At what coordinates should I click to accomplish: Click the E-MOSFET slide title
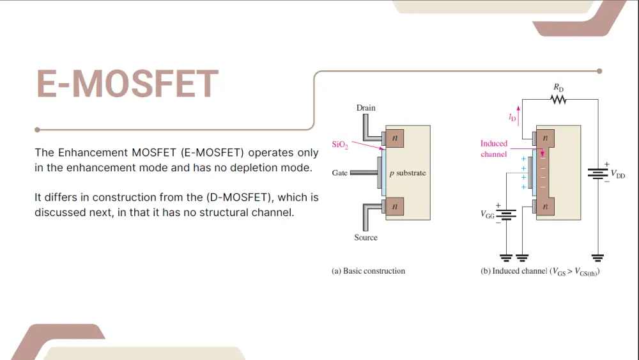click(x=128, y=84)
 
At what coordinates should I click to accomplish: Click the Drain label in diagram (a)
click(x=366, y=107)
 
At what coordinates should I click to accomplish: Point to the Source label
click(x=366, y=237)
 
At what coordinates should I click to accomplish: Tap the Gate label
click(x=339, y=173)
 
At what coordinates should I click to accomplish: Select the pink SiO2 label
click(x=340, y=145)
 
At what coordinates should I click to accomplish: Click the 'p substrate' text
click(x=408, y=173)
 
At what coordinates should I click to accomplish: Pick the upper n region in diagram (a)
click(x=394, y=138)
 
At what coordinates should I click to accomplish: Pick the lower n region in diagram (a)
click(x=394, y=207)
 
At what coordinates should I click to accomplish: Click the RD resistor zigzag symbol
click(x=558, y=99)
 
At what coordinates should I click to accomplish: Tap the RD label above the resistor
click(x=558, y=88)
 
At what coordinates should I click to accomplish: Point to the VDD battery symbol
click(x=598, y=174)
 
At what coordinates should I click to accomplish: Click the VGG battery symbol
click(x=506, y=214)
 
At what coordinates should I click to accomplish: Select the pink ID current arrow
click(x=518, y=116)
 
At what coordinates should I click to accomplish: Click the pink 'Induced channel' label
click(x=494, y=149)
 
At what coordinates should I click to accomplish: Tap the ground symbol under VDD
click(x=598, y=258)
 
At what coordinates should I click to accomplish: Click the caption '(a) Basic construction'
click(x=369, y=271)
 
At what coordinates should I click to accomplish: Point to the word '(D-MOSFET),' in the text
click(x=240, y=198)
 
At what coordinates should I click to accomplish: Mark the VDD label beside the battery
click(x=618, y=175)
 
